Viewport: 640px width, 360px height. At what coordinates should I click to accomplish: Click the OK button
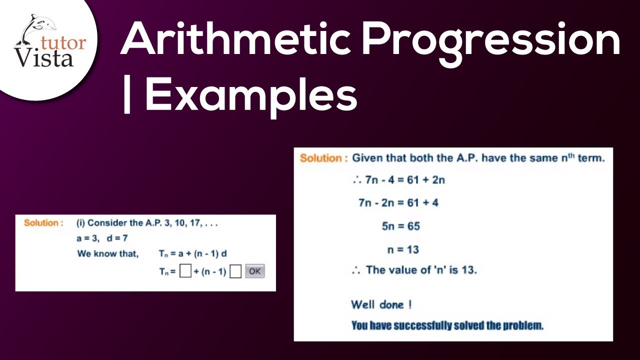254,271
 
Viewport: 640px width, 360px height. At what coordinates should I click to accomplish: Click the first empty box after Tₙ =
185,271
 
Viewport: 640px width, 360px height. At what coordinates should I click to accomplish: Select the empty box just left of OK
235,271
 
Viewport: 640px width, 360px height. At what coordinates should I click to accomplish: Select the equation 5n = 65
400,226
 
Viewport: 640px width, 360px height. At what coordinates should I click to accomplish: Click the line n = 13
402,249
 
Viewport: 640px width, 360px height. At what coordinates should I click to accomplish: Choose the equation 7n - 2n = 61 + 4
398,203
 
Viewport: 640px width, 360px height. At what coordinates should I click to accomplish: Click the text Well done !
381,304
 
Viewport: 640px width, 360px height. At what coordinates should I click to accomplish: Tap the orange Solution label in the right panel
323,158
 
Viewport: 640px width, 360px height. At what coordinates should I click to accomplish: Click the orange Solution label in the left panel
43,223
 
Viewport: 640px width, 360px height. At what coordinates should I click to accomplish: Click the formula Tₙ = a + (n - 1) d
193,253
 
